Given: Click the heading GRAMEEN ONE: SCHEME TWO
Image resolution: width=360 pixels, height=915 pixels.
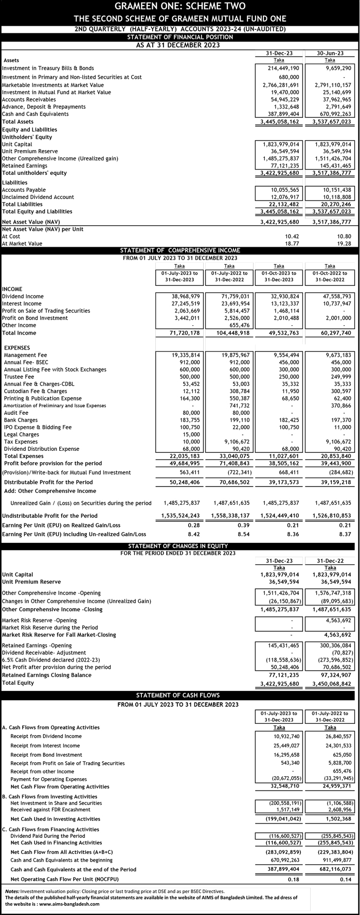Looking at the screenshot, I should (x=179, y=7).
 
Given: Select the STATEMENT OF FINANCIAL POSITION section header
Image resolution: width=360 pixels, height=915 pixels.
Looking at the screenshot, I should (x=179, y=37).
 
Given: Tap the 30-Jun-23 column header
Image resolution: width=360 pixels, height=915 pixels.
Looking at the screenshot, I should (x=330, y=53).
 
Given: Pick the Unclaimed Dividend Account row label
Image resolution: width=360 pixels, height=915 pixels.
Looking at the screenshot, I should (x=38, y=197).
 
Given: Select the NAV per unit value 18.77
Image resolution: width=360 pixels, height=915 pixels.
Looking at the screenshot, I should (x=292, y=243).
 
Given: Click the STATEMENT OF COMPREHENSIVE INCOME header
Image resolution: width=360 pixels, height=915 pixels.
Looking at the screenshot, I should (x=179, y=250).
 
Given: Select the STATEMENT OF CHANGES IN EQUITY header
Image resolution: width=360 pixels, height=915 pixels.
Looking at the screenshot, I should (x=179, y=545).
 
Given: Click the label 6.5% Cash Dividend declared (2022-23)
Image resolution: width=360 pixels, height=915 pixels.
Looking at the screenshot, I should (x=51, y=660).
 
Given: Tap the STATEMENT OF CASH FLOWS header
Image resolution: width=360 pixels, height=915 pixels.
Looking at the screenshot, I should (x=179, y=696).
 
